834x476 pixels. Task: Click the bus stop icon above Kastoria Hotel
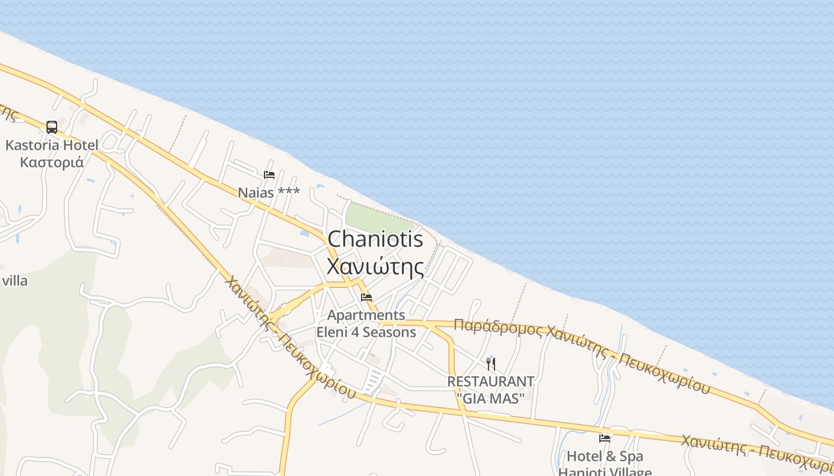point(52,127)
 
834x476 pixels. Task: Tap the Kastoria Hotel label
point(52,145)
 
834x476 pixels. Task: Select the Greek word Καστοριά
point(52,162)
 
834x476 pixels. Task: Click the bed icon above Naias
point(269,175)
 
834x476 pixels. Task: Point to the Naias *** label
point(269,193)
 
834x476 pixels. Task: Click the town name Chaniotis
point(375,239)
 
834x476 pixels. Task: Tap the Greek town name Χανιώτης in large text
point(375,266)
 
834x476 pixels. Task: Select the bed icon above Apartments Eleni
point(366,297)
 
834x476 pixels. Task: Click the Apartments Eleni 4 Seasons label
point(366,324)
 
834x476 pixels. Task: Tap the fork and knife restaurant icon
point(491,364)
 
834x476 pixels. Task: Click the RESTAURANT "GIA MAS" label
point(491,389)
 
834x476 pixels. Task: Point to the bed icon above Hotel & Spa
point(605,439)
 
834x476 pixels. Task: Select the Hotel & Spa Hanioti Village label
point(605,464)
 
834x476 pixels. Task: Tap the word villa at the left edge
point(14,281)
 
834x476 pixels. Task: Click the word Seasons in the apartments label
point(389,332)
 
